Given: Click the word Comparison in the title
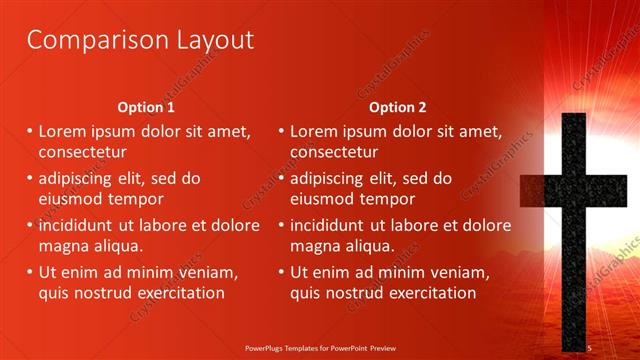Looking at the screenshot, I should point(86,41).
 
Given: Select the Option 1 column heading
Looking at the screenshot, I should point(146,107).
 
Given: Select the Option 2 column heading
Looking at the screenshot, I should point(397,107).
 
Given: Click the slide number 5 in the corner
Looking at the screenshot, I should point(591,346).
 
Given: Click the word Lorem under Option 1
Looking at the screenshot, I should point(63,131).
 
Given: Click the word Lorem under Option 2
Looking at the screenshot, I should point(314,131).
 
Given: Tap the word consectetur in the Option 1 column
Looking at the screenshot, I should point(82,152).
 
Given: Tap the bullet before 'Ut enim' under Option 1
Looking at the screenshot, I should point(30,272).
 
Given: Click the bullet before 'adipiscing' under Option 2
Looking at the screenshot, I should point(281,178).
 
